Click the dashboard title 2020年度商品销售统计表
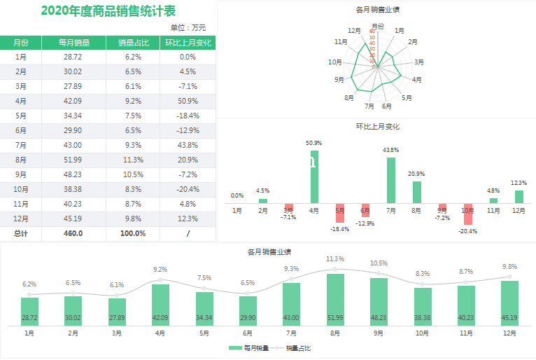coord(108,11)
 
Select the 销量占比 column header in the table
coord(133,43)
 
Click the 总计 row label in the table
coord(21,233)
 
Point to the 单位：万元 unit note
coord(188,27)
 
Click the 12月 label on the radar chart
coord(354,31)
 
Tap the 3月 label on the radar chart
coord(418,62)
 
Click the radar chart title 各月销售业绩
coord(378,10)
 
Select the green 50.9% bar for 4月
coord(314,176)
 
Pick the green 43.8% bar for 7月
coord(390,180)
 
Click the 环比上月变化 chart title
coord(378,127)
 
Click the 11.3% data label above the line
coord(335,259)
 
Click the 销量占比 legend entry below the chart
coord(297,348)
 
